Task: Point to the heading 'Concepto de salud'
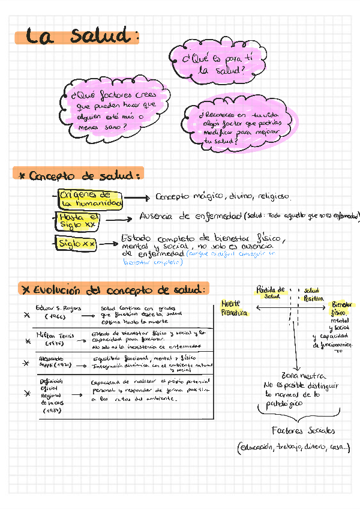pos(79,175)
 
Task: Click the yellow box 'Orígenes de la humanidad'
pos(89,199)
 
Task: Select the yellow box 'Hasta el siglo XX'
pos(77,221)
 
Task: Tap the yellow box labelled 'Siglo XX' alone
pos(76,244)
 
